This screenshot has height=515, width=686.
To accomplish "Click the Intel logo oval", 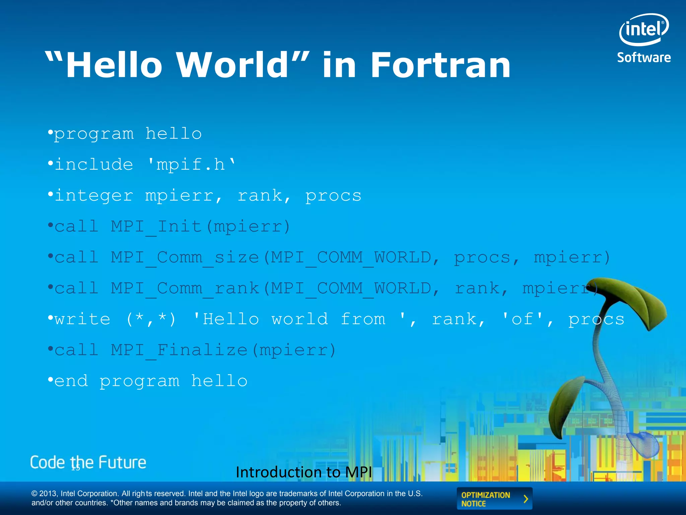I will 644,30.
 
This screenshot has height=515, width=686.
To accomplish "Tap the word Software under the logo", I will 644,58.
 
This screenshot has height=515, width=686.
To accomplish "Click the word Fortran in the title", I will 440,65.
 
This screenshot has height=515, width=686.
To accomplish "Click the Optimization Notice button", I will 494,499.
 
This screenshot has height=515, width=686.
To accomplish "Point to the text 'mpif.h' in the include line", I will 191,165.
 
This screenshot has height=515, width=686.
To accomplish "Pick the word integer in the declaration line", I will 94,196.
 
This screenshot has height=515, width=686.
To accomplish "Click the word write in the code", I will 82,319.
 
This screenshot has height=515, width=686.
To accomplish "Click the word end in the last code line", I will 71,381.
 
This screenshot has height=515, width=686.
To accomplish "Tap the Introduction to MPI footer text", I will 304,472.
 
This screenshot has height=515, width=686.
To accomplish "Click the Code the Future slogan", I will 88,462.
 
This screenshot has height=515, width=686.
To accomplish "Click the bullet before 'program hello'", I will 50,133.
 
